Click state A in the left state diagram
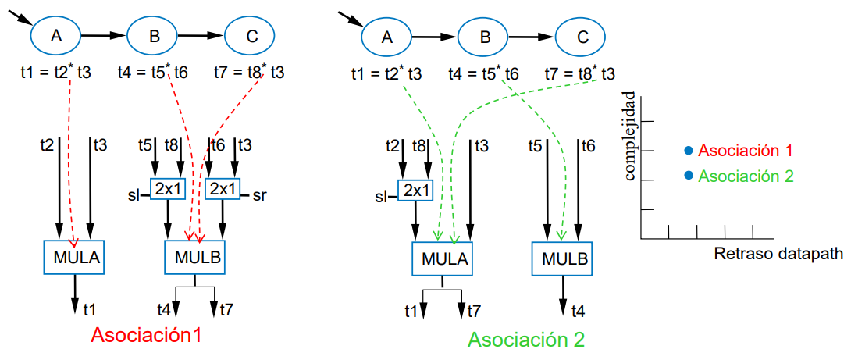(55, 35)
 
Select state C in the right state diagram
(582, 36)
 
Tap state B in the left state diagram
(153, 35)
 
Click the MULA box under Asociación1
(75, 255)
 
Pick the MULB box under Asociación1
(195, 257)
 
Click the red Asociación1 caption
(146, 335)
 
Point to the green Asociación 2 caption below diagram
(526, 340)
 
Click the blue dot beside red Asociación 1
(688, 151)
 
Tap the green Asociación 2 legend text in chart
(746, 176)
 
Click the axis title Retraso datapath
(778, 255)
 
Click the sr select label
(260, 194)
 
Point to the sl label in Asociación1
(134, 194)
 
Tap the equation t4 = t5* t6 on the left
(153, 73)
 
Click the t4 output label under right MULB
(578, 311)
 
